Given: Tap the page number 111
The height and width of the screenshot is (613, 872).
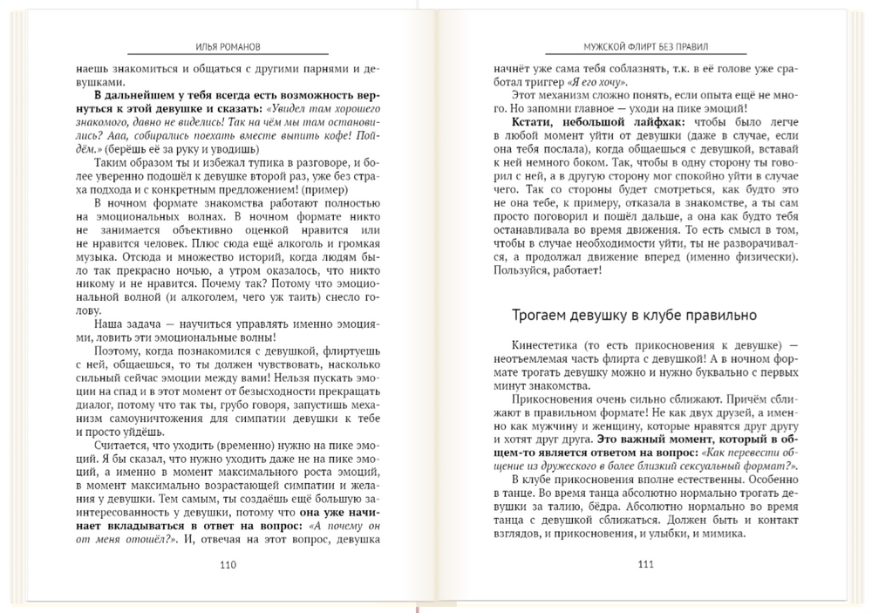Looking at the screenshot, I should point(646,564).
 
